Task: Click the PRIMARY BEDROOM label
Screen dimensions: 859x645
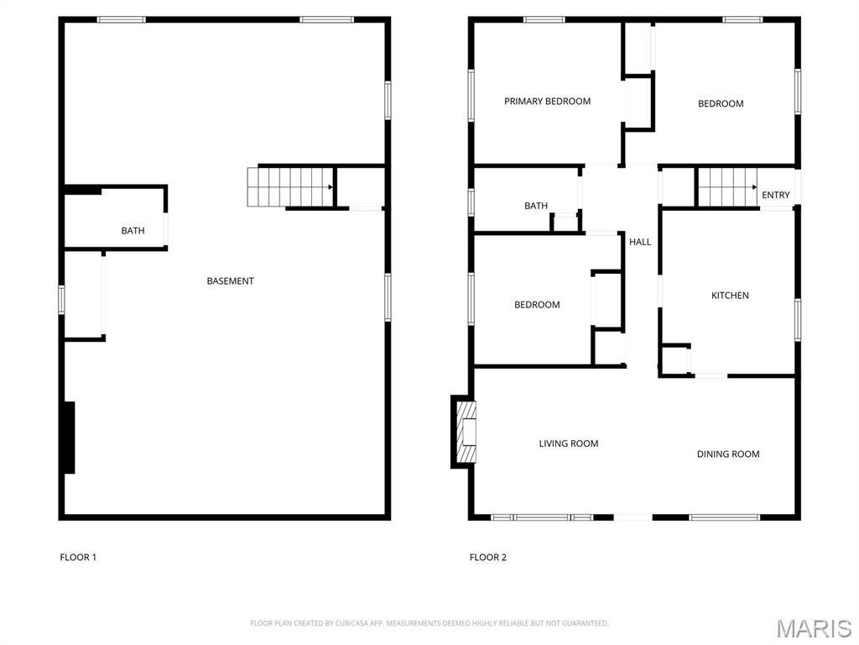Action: tap(547, 102)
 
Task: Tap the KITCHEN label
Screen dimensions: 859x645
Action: tap(730, 296)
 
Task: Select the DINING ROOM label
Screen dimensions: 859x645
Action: tap(728, 454)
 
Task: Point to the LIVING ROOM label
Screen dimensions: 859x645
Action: tap(569, 443)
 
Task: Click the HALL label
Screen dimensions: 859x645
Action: tap(640, 242)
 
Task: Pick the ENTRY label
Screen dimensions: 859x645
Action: tap(776, 195)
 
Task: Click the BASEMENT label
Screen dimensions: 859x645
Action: tap(230, 281)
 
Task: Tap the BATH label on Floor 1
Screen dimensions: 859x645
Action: tap(133, 231)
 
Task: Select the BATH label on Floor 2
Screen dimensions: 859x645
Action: tap(536, 206)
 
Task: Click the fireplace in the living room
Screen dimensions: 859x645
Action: tap(464, 433)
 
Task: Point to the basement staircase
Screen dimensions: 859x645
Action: tap(290, 187)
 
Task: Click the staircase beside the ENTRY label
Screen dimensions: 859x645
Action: tap(727, 187)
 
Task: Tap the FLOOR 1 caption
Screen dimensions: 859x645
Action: tap(78, 558)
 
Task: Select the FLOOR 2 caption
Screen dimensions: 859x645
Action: tap(488, 558)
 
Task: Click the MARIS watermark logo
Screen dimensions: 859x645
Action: tap(814, 628)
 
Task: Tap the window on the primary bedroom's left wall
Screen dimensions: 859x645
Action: tap(471, 95)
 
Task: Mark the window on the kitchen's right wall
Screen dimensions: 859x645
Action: tap(798, 320)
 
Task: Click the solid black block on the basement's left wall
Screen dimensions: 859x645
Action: tap(70, 438)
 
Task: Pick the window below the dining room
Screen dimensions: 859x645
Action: tap(724, 517)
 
